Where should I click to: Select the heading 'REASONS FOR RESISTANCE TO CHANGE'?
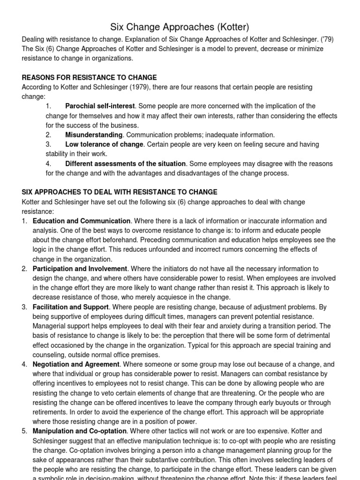pyautogui.click(x=90, y=77)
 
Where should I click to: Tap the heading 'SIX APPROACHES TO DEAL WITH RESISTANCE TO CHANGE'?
pyautogui.click(x=120, y=192)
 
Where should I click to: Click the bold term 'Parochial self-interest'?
pyautogui.click(x=100, y=106)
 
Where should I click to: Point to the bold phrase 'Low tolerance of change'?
pyautogui.click(x=104, y=144)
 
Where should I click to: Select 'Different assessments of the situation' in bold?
pyautogui.click(x=126, y=164)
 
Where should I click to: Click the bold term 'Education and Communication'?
pyautogui.click(x=81, y=221)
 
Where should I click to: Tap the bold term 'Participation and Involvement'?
pyautogui.click(x=80, y=269)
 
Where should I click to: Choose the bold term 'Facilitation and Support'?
pyautogui.click(x=71, y=307)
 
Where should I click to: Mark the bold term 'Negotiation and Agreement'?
pyautogui.click(x=76, y=364)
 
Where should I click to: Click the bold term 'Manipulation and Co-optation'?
pyautogui.click(x=80, y=431)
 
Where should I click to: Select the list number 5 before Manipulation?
pyautogui.click(x=24, y=431)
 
